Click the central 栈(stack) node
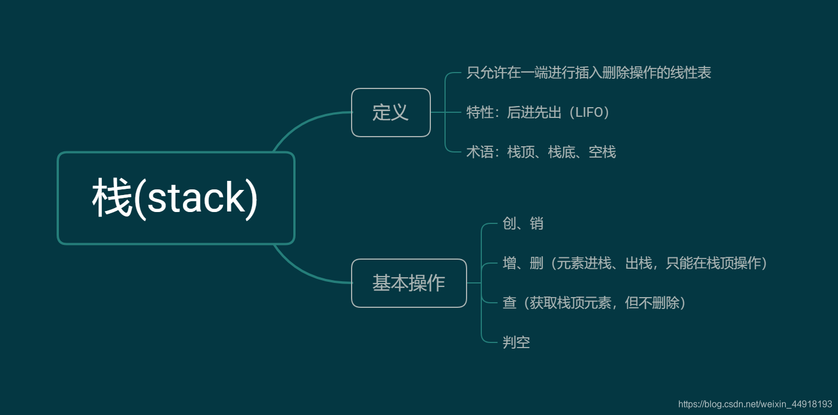pos(176,198)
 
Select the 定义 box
pos(391,112)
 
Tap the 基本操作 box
pos(409,283)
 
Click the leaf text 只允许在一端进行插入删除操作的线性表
pos(589,73)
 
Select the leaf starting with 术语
pos(541,152)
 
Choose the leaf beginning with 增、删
pos(635,263)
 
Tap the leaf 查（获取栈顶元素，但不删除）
pos(595,303)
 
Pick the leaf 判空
pos(516,342)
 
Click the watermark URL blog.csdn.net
pos(755,404)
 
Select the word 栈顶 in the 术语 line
pos(520,152)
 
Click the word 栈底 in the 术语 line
pos(561,152)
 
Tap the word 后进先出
pos(534,112)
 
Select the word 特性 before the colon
pos(480,112)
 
